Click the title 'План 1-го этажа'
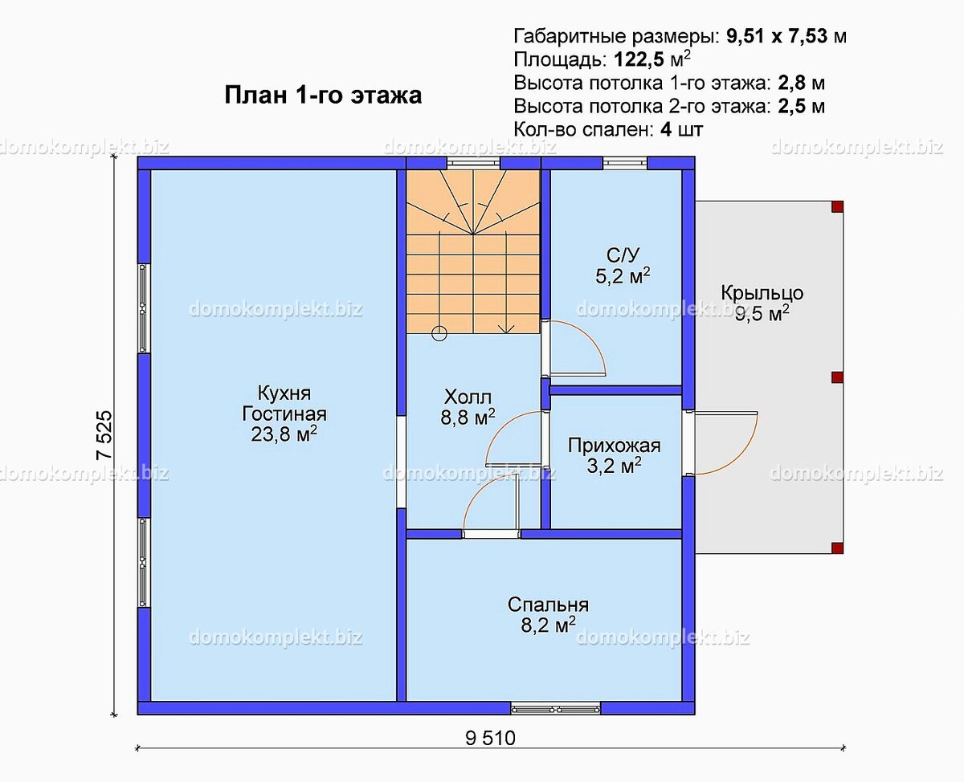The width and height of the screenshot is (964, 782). coord(323,96)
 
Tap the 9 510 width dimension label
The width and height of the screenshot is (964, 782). coord(491,739)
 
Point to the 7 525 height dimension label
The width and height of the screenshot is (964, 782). coord(104,435)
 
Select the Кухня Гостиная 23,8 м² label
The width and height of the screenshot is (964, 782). coord(284,413)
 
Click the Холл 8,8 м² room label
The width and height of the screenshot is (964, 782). coord(468,407)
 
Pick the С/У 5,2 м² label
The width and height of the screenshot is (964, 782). coord(623,266)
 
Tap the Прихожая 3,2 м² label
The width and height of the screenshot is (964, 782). coord(615,456)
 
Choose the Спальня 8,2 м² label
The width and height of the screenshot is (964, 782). coord(548,615)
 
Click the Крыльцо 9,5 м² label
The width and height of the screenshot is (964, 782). coord(762,303)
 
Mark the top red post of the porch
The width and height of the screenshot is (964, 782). coord(837,206)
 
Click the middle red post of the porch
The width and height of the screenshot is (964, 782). coord(837,377)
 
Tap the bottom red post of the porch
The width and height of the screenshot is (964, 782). coord(837,548)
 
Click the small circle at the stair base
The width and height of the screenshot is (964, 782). coord(439,334)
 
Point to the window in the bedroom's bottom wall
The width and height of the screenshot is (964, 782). coord(556,708)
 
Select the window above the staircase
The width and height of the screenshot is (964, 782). coord(473,163)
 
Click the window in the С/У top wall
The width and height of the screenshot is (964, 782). coord(625,163)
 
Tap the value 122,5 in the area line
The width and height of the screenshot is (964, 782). coord(639,59)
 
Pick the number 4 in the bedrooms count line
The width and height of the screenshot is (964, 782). coord(666,130)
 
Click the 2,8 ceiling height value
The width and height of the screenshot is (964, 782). coord(791,83)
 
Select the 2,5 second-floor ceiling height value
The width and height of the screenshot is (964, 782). coord(791,106)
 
